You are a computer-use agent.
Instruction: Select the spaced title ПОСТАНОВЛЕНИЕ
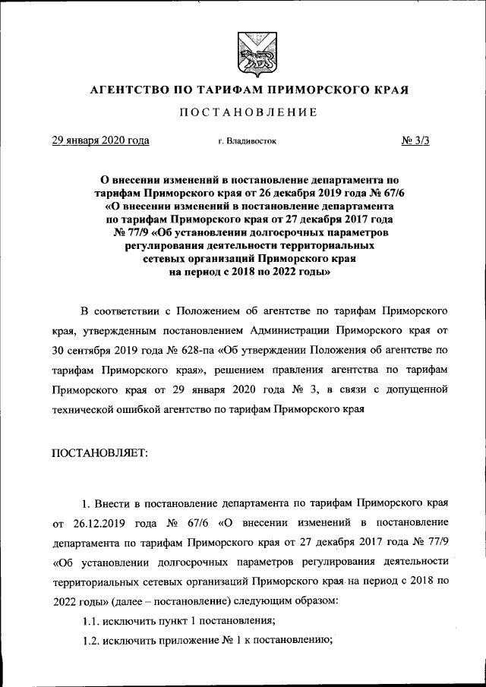(x=248, y=113)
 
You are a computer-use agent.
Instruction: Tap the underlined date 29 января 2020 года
(x=99, y=140)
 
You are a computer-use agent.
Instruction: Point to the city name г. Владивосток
(x=247, y=141)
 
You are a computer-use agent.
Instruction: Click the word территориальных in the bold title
(x=323, y=244)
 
